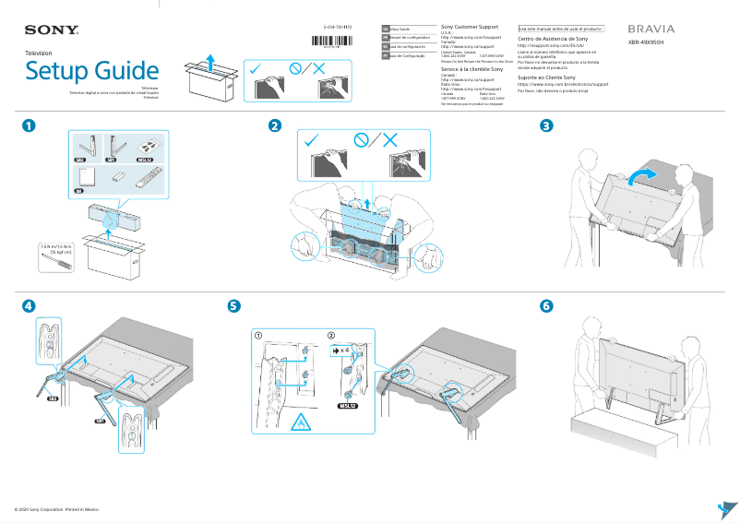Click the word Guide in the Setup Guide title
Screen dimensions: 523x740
[x=120, y=71]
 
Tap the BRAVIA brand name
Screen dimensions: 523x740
[x=650, y=30]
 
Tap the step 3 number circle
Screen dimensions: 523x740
[x=547, y=126]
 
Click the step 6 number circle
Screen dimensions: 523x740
[x=547, y=305]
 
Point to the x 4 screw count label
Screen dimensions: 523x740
[x=341, y=351]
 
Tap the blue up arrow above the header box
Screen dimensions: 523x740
[x=211, y=63]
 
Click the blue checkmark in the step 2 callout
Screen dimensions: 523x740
[x=312, y=140]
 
